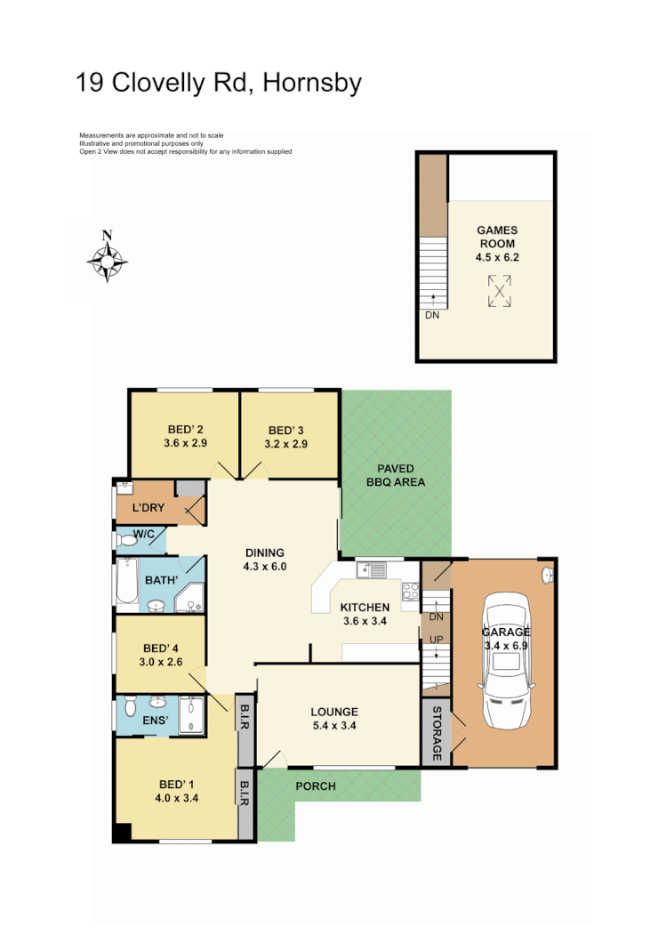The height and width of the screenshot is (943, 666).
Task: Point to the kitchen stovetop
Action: click(x=411, y=590)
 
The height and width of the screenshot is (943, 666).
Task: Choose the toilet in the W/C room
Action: click(x=125, y=538)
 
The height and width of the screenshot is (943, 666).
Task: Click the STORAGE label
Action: click(x=437, y=734)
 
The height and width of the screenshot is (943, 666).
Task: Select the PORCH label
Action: click(x=315, y=786)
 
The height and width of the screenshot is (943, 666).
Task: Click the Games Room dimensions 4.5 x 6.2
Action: click(x=496, y=258)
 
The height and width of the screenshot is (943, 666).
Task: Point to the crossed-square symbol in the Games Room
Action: click(x=500, y=291)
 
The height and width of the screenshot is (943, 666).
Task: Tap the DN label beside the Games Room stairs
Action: click(x=432, y=315)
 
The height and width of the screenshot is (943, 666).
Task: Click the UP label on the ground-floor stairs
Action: click(x=436, y=640)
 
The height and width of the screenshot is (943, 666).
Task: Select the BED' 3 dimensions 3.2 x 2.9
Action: click(x=285, y=443)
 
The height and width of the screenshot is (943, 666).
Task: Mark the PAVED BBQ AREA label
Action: click(x=396, y=475)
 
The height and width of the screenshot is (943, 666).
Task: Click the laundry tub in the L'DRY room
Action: click(x=124, y=487)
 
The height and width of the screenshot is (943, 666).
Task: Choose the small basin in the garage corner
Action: click(x=547, y=574)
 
